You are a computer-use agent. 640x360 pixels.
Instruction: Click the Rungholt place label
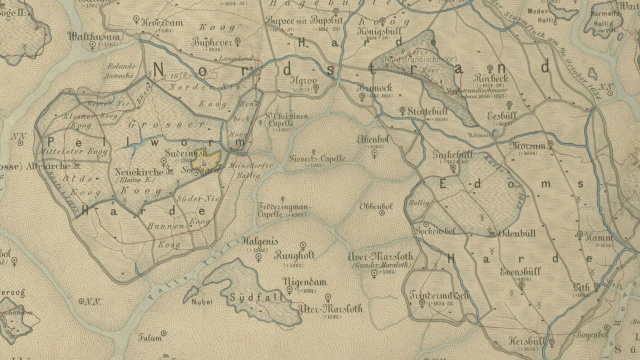[294, 255]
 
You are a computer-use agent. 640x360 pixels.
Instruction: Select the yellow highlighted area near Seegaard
[207, 161]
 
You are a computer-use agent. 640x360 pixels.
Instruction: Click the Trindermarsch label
[439, 294]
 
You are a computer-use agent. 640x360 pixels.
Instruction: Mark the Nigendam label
[301, 281]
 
